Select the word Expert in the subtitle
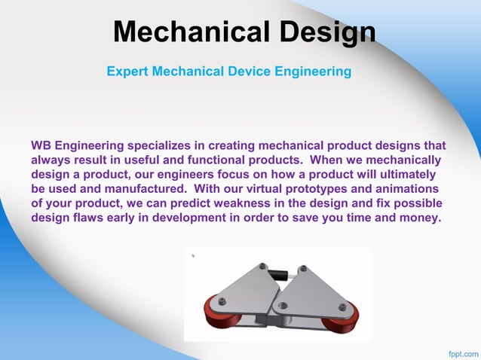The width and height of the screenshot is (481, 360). [x=127, y=72]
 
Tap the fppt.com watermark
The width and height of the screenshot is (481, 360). [x=462, y=352]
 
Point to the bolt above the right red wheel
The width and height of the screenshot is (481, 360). [x=342, y=307]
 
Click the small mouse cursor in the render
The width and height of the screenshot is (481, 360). [x=193, y=255]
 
